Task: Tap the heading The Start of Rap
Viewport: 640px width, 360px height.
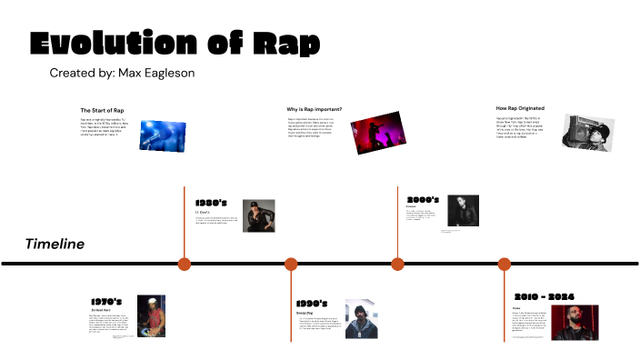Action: pyautogui.click(x=102, y=110)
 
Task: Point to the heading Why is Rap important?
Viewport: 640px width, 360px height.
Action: pyautogui.click(x=315, y=109)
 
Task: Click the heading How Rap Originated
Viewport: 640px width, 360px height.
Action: pyautogui.click(x=520, y=108)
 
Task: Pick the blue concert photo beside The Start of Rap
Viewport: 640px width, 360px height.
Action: pyautogui.click(x=165, y=135)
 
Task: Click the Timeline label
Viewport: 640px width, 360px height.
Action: pyautogui.click(x=55, y=244)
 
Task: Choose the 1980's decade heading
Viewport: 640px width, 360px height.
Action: pyautogui.click(x=211, y=202)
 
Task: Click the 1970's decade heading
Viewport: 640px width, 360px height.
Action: pyautogui.click(x=106, y=301)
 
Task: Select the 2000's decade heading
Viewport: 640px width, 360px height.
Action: pyautogui.click(x=423, y=199)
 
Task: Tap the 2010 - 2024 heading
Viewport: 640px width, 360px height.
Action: pyautogui.click(x=543, y=296)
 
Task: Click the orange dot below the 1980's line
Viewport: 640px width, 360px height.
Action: pyautogui.click(x=185, y=264)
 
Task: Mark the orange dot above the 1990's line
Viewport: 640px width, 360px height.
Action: pyautogui.click(x=291, y=264)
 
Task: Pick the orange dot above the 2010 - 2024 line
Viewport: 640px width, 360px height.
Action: pyautogui.click(x=505, y=264)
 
